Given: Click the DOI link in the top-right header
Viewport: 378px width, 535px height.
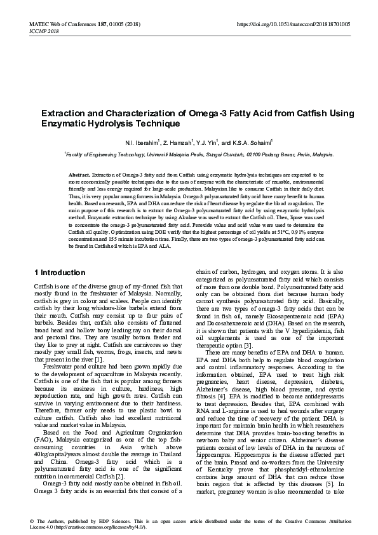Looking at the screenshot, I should pos(293,24).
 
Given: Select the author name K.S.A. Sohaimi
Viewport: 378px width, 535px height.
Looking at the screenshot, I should pos(253,141).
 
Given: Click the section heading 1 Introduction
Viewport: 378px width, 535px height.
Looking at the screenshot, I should pos(59,273).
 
